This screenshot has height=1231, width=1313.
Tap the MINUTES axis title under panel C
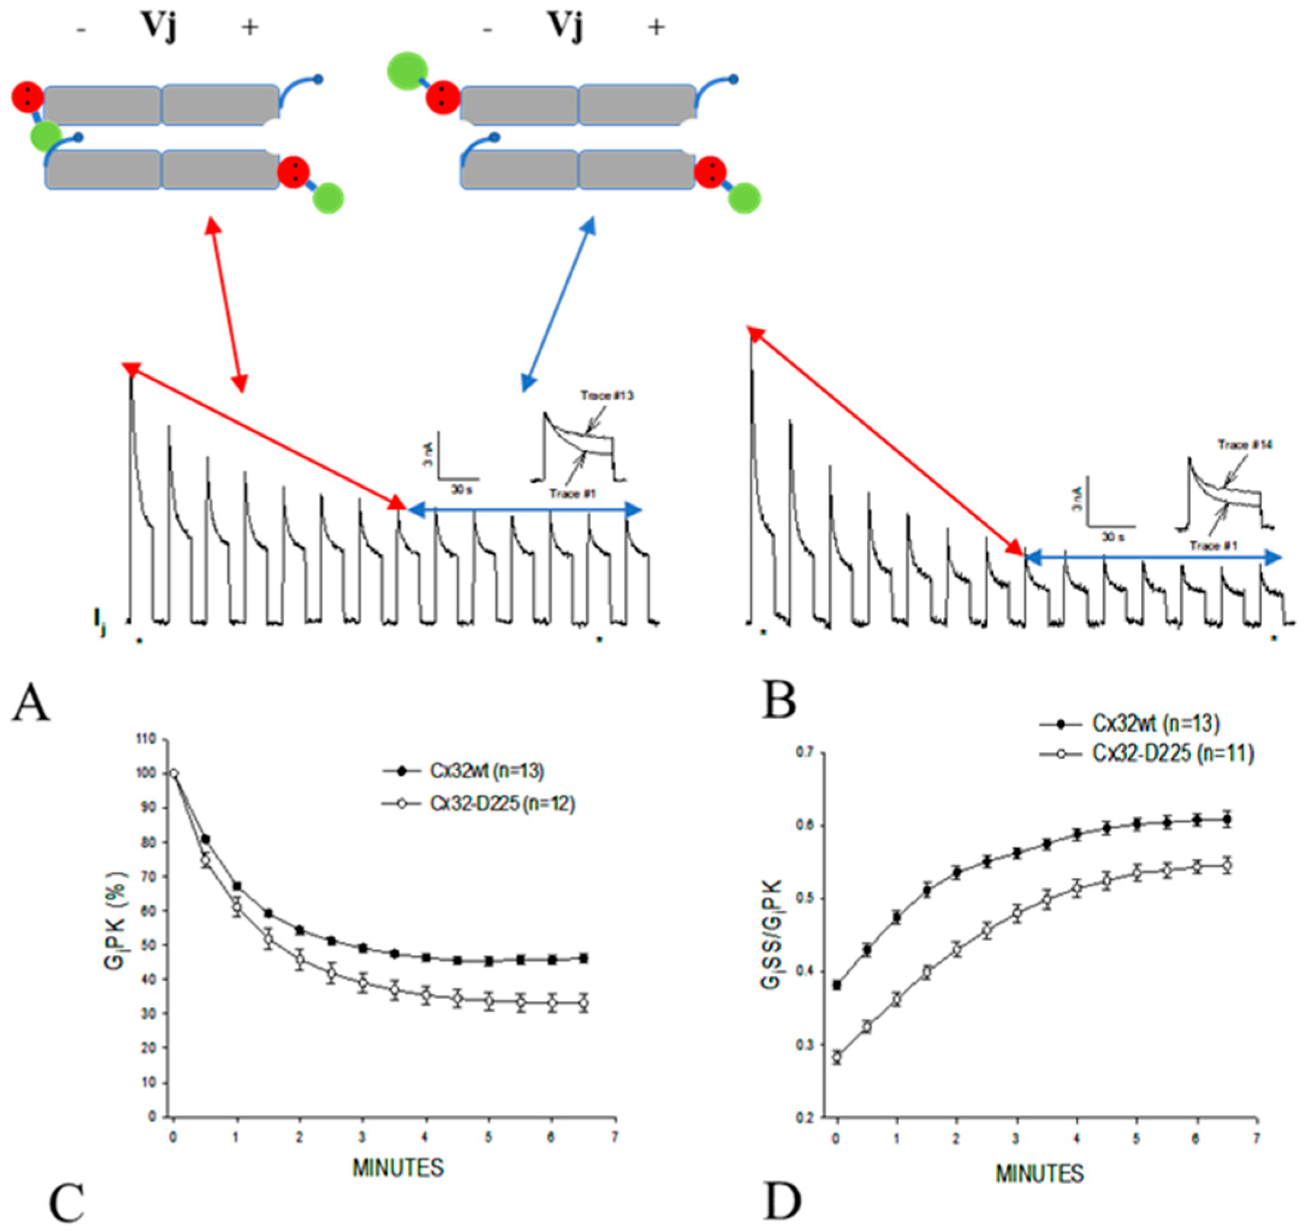[x=398, y=1168]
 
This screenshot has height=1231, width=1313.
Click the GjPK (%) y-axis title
[x=116, y=923]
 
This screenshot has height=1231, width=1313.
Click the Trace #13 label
[x=607, y=395]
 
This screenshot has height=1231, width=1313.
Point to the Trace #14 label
[x=1245, y=445]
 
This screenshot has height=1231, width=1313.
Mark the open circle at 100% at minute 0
[x=174, y=774]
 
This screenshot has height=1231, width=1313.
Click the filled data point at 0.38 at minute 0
[x=838, y=984]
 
